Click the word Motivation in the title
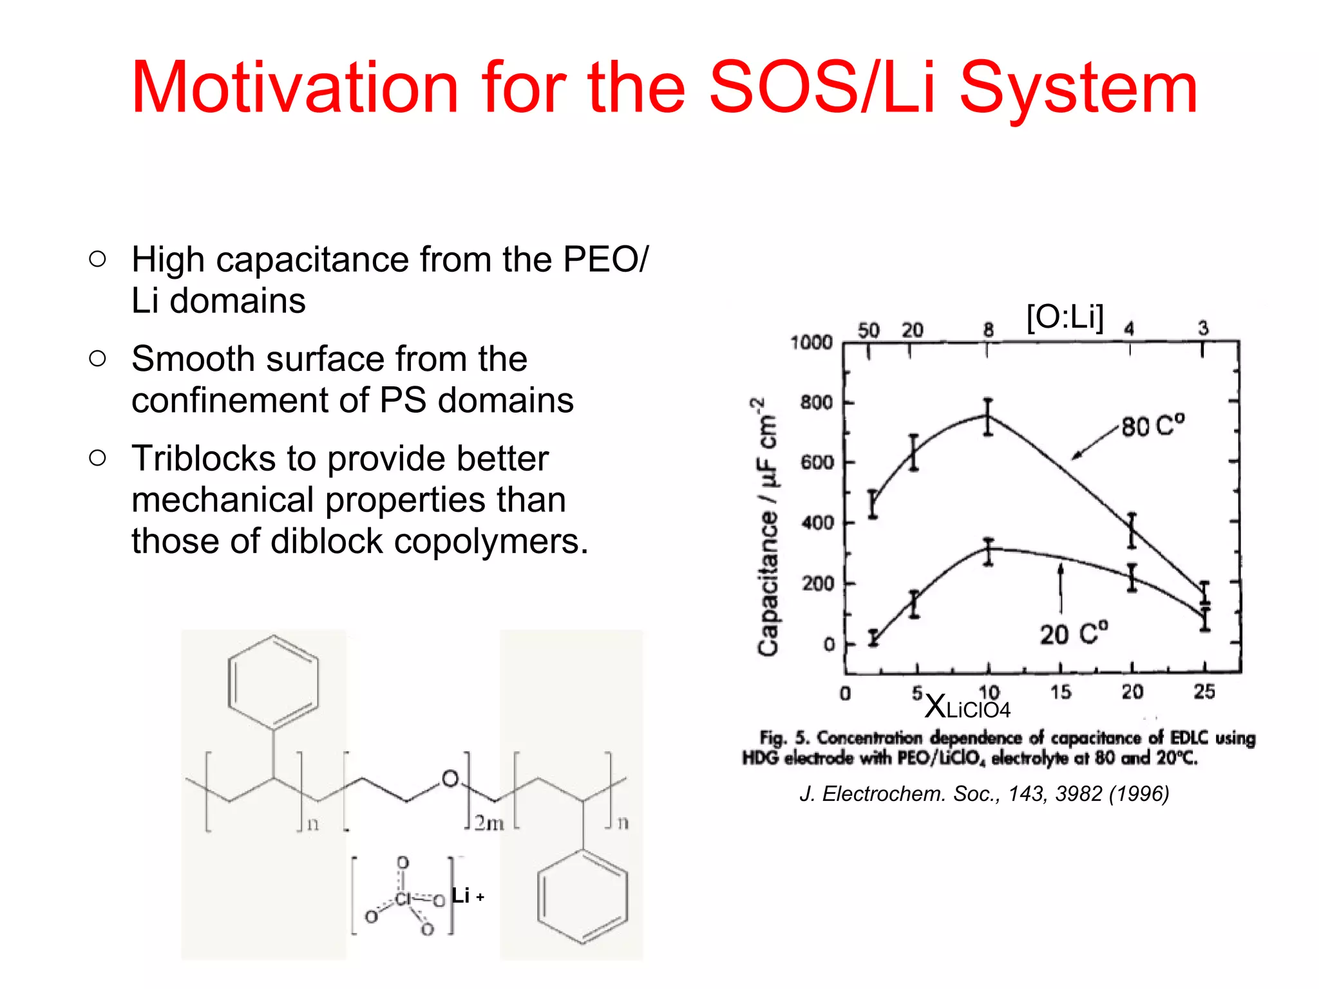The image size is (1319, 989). pyautogui.click(x=295, y=88)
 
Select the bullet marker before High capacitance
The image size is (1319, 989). pyautogui.click(x=97, y=259)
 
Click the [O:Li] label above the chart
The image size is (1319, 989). pyautogui.click(x=1065, y=317)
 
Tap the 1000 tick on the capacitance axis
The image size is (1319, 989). pyautogui.click(x=811, y=343)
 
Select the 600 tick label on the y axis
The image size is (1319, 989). pyautogui.click(x=817, y=462)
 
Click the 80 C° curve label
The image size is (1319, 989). pyautogui.click(x=1152, y=426)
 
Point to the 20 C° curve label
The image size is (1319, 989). pyautogui.click(x=1074, y=634)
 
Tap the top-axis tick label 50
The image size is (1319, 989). pyautogui.click(x=868, y=330)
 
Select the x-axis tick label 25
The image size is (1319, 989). pyautogui.click(x=1204, y=692)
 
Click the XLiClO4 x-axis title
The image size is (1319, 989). pyautogui.click(x=967, y=708)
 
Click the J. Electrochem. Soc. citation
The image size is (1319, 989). pyautogui.click(x=984, y=793)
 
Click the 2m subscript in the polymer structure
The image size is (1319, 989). pyautogui.click(x=489, y=823)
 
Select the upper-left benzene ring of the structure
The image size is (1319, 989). pyautogui.click(x=273, y=683)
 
